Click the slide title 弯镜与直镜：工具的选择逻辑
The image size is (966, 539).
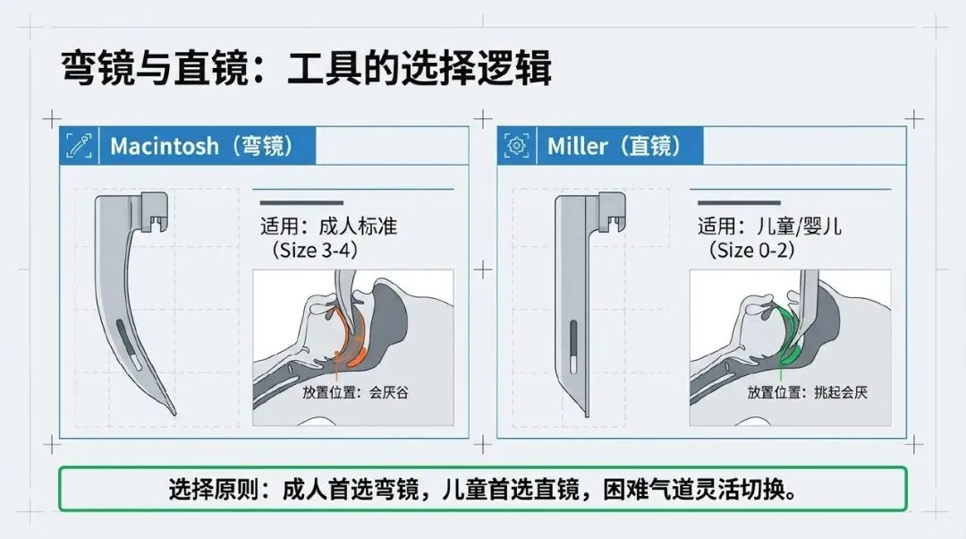click(306, 67)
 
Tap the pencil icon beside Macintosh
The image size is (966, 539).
click(78, 146)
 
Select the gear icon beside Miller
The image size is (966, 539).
click(516, 146)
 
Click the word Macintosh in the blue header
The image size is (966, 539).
click(165, 146)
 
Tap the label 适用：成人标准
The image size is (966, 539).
click(328, 226)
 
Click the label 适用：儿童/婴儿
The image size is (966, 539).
click(769, 226)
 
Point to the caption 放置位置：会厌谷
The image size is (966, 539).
click(355, 392)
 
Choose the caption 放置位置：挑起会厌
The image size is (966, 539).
click(807, 392)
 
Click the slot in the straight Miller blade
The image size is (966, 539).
click(573, 347)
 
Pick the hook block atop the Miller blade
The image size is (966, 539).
click(611, 211)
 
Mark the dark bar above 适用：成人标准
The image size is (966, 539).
click(301, 202)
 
